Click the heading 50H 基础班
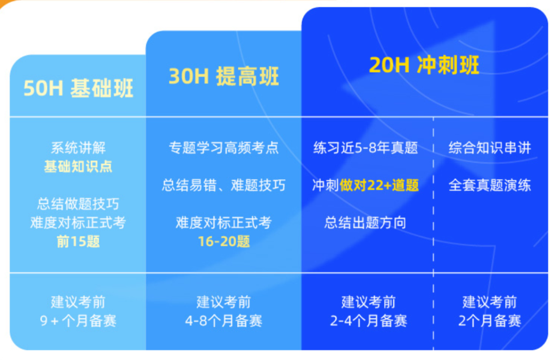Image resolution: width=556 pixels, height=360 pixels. click(78, 89)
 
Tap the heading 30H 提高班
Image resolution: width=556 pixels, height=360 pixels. click(223, 77)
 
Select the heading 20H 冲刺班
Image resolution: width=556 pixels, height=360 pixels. click(424, 65)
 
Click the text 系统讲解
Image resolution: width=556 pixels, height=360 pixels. click(78, 148)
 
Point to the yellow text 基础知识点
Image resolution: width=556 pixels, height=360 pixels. click(78, 167)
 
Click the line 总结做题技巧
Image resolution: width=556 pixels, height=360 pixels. click(78, 204)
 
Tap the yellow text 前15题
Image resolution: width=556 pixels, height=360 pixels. click(78, 242)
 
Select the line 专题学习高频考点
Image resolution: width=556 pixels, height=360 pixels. click(223, 148)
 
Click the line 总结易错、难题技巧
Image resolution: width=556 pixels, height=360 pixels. click(223, 185)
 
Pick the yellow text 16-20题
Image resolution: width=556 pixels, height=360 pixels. click(223, 242)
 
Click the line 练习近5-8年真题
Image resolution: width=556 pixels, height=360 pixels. click(366, 148)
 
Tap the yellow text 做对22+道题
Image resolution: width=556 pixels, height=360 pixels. click(379, 185)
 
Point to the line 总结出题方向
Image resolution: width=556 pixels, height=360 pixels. click(366, 222)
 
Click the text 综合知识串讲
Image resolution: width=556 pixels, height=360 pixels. click(490, 148)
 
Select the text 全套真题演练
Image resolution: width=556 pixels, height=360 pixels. click(490, 185)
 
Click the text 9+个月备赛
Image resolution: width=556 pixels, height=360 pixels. click(78, 321)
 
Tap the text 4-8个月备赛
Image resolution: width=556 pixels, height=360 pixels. click(223, 321)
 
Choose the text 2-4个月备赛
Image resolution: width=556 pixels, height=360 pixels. click(369, 321)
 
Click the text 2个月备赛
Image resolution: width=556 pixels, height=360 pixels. click(490, 321)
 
